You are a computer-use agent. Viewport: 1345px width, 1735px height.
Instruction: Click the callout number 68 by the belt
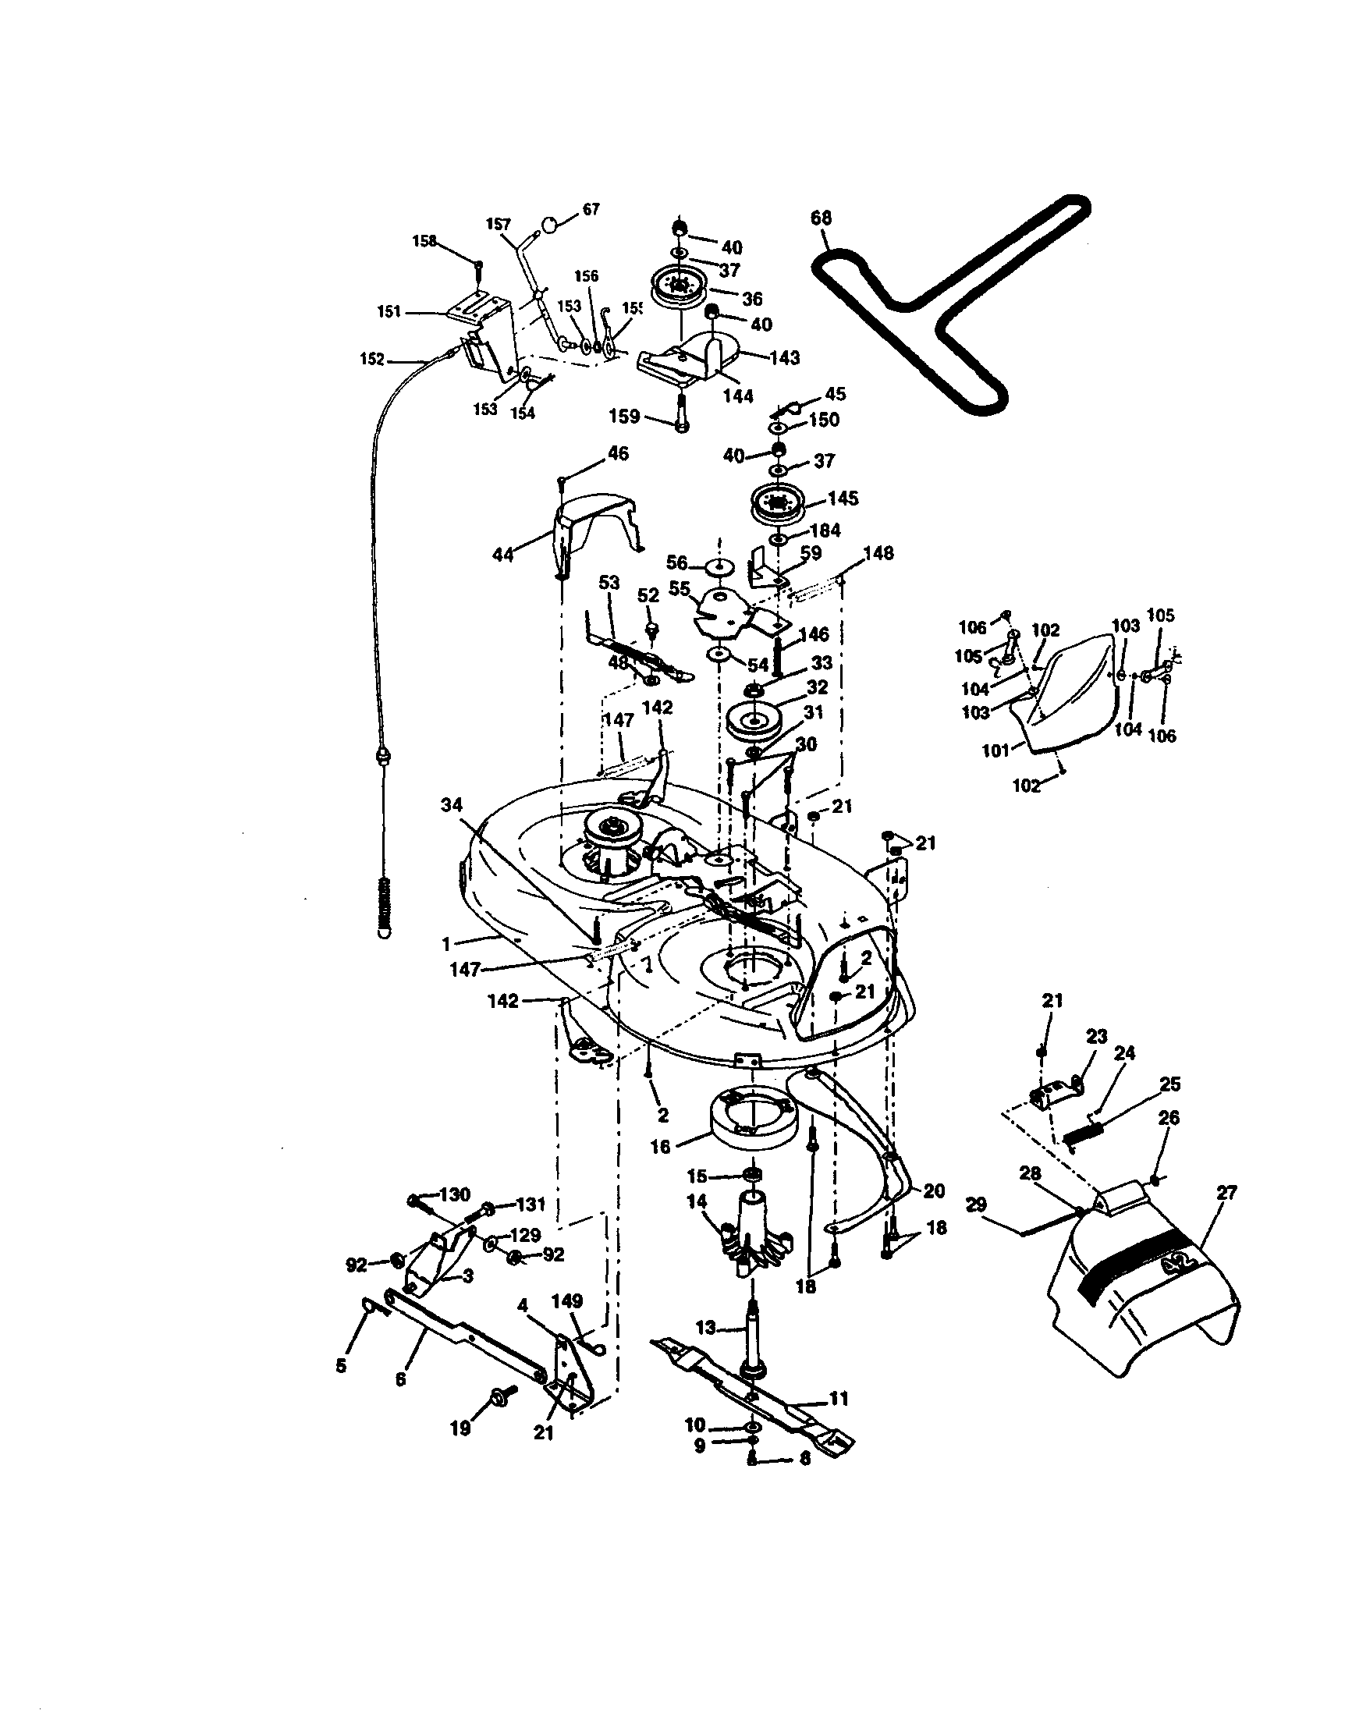coord(821,218)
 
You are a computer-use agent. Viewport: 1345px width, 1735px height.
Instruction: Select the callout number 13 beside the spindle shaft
coord(705,1328)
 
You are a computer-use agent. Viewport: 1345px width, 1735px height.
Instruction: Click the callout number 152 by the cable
coord(372,360)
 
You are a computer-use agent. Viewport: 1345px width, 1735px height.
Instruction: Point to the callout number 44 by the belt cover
coord(503,555)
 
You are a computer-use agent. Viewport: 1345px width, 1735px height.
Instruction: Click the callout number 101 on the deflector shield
coord(995,749)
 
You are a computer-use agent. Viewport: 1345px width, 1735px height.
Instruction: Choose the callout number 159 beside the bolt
coord(624,417)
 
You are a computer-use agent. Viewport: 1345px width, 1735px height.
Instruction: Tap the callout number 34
coord(451,806)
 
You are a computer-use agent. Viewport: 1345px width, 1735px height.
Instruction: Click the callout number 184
coord(825,530)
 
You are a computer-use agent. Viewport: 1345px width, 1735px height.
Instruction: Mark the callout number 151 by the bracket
coord(389,311)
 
